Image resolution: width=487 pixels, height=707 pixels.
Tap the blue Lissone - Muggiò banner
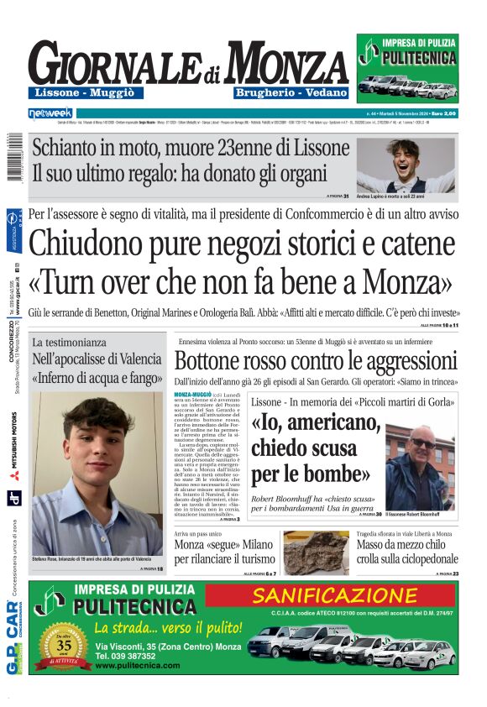80,92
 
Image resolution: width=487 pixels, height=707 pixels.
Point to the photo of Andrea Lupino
406,165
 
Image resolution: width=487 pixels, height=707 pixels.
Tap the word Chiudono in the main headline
94,245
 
